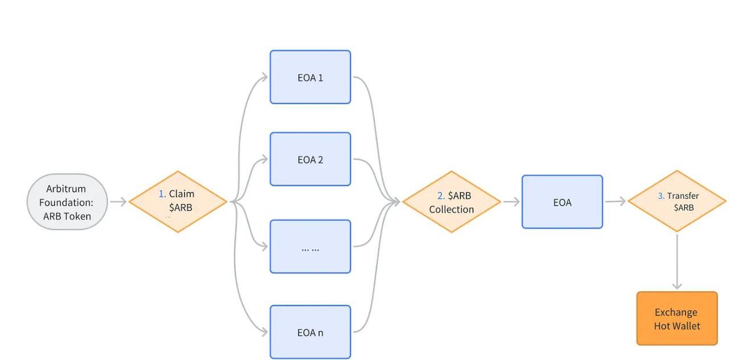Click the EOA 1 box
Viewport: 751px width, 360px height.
coord(310,77)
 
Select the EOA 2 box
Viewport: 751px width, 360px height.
coord(310,159)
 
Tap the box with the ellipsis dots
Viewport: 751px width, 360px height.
coord(310,247)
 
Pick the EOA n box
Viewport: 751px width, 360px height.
coord(310,332)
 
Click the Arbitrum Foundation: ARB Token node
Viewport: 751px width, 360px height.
coord(67,202)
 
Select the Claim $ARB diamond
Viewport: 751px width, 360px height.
coord(178,202)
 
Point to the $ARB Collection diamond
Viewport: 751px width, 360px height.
coord(451,202)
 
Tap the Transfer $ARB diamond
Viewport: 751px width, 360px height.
coord(677,201)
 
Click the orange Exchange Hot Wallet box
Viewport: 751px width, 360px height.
coord(677,318)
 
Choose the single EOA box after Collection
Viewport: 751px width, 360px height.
coord(562,202)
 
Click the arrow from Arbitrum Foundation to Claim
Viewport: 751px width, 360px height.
coord(118,202)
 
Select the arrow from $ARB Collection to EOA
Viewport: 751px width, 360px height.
coord(511,202)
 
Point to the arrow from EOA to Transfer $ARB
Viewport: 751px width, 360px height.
coord(615,201)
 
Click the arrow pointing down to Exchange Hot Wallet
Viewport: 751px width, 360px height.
coord(677,262)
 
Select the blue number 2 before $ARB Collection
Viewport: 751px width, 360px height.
coord(440,196)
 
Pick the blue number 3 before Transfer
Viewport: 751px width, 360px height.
coord(661,196)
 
